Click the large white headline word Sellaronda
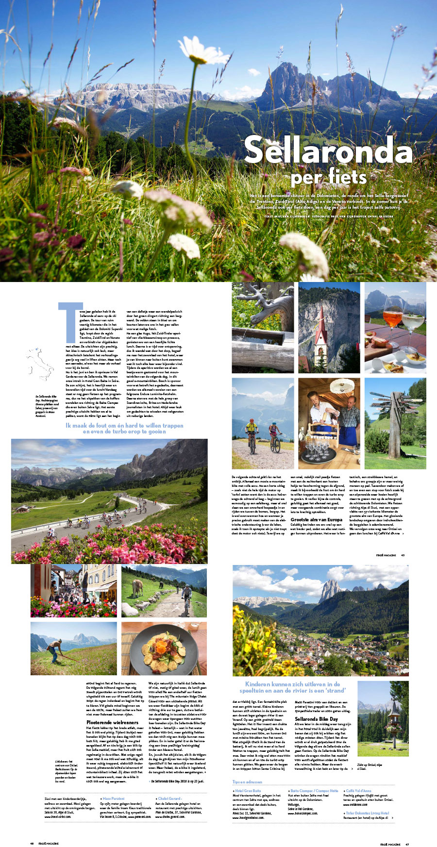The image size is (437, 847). click(x=328, y=150)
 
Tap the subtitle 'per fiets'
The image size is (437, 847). click(x=328, y=177)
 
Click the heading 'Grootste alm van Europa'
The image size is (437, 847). click(x=316, y=519)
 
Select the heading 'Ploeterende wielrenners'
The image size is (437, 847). click(x=112, y=722)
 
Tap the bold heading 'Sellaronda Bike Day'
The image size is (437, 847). click(x=316, y=719)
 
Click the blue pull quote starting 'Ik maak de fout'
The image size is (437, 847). click(x=124, y=428)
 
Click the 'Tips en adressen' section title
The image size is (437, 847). click(x=247, y=782)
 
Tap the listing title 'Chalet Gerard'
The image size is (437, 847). click(x=170, y=798)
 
